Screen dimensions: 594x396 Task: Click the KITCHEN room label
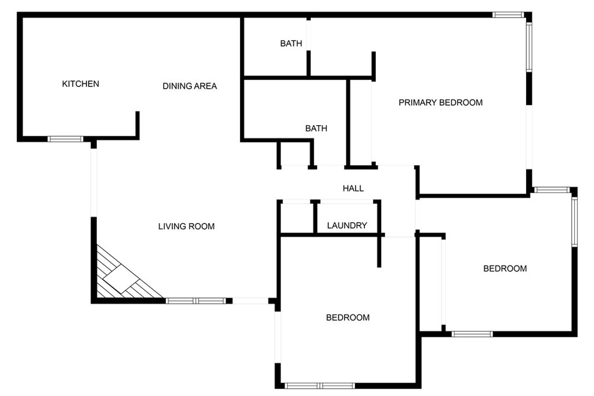pos(80,83)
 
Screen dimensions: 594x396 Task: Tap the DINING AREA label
pos(190,86)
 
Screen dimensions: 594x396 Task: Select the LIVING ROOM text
pos(186,226)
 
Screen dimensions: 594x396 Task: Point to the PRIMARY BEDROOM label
pos(441,102)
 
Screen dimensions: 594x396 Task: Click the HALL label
pos(353,188)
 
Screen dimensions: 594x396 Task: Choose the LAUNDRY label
pos(347,226)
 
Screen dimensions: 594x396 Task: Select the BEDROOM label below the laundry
pos(348,317)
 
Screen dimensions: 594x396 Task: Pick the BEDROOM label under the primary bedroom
pos(505,268)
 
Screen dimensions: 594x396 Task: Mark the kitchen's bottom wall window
pos(65,139)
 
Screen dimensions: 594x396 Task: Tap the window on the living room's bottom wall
pos(196,301)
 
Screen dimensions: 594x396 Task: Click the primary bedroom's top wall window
pos(508,14)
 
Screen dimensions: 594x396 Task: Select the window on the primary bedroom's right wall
pos(529,47)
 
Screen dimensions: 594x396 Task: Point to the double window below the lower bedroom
pos(320,386)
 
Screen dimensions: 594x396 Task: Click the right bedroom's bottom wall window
pos(472,334)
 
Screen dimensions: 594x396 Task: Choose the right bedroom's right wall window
pos(574,222)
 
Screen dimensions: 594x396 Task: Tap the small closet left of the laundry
pos(296,219)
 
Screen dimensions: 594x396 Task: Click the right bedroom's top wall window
pos(552,190)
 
